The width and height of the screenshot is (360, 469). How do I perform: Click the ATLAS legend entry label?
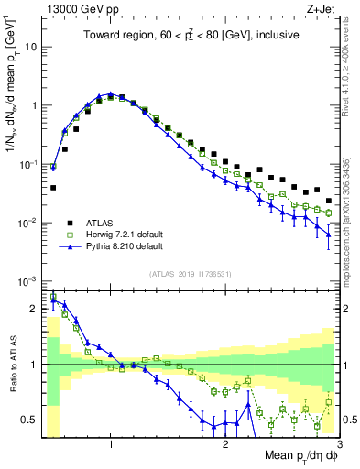(99, 222)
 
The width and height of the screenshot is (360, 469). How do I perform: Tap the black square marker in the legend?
(69, 222)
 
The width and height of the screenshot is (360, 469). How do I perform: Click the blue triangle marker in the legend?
(69, 247)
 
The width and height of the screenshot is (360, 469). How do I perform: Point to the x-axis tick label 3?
(339, 445)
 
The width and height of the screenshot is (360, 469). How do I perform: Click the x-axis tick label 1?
(110, 445)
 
